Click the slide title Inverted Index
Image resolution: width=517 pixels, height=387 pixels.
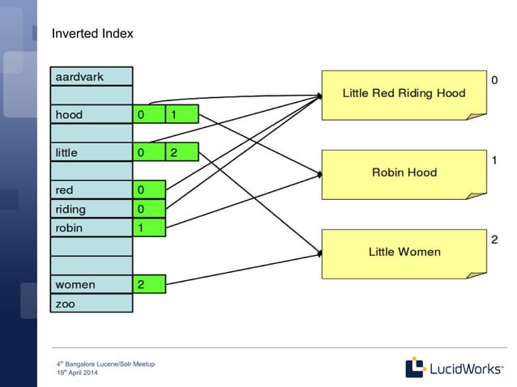click(92, 34)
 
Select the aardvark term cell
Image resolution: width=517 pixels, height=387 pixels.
click(92, 77)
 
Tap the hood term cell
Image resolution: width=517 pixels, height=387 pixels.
click(92, 115)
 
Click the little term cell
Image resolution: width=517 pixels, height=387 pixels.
click(92, 152)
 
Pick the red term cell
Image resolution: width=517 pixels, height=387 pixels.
click(92, 190)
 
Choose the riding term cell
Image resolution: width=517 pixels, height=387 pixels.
click(92, 209)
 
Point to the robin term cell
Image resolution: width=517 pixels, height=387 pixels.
click(92, 228)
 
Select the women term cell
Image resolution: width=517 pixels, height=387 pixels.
click(92, 284)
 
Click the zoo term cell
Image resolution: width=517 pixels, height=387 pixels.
click(92, 304)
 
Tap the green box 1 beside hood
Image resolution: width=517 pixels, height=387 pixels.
click(182, 115)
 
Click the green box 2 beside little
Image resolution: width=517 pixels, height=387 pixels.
click(182, 152)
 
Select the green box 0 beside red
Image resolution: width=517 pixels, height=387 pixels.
click(148, 190)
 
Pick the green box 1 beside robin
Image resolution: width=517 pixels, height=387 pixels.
click(148, 228)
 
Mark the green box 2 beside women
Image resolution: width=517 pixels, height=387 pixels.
click(148, 284)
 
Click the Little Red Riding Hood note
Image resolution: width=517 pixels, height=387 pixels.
click(404, 94)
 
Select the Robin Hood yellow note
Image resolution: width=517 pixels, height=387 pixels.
click(404, 172)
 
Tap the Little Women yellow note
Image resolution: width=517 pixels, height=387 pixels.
click(404, 252)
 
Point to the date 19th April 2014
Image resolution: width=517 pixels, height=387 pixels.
click(77, 372)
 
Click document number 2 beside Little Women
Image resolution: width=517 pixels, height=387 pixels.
click(494, 240)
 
